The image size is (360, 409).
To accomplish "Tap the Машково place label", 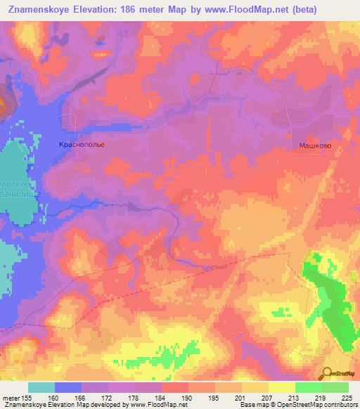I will pyautogui.click(x=311, y=144).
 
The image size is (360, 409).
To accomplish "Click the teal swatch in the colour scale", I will pyautogui.click(x=41, y=387).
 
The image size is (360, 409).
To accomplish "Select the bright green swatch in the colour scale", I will pyautogui.click(x=308, y=387).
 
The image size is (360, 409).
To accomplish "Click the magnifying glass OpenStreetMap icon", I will pyautogui.click(x=327, y=373).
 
